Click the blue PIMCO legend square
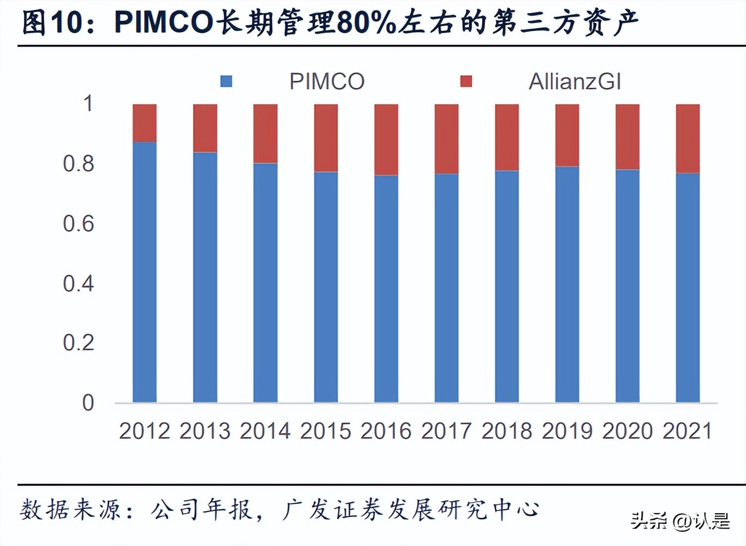pos(226,81)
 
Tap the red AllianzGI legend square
pos(466,81)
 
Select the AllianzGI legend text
pos(575,82)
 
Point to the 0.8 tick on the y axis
pos(78,164)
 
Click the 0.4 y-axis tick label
pos(78,283)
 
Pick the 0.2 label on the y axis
pos(78,343)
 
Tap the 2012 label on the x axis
pos(145,431)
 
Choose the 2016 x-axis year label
pos(386,431)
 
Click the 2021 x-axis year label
pos(687,431)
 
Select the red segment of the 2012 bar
pos(145,123)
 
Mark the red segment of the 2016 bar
pos(386,140)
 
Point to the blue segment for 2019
pos(567,284)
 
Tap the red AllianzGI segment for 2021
pos(688,139)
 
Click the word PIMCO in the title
pos(164,23)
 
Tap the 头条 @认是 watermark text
pos(680,521)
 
